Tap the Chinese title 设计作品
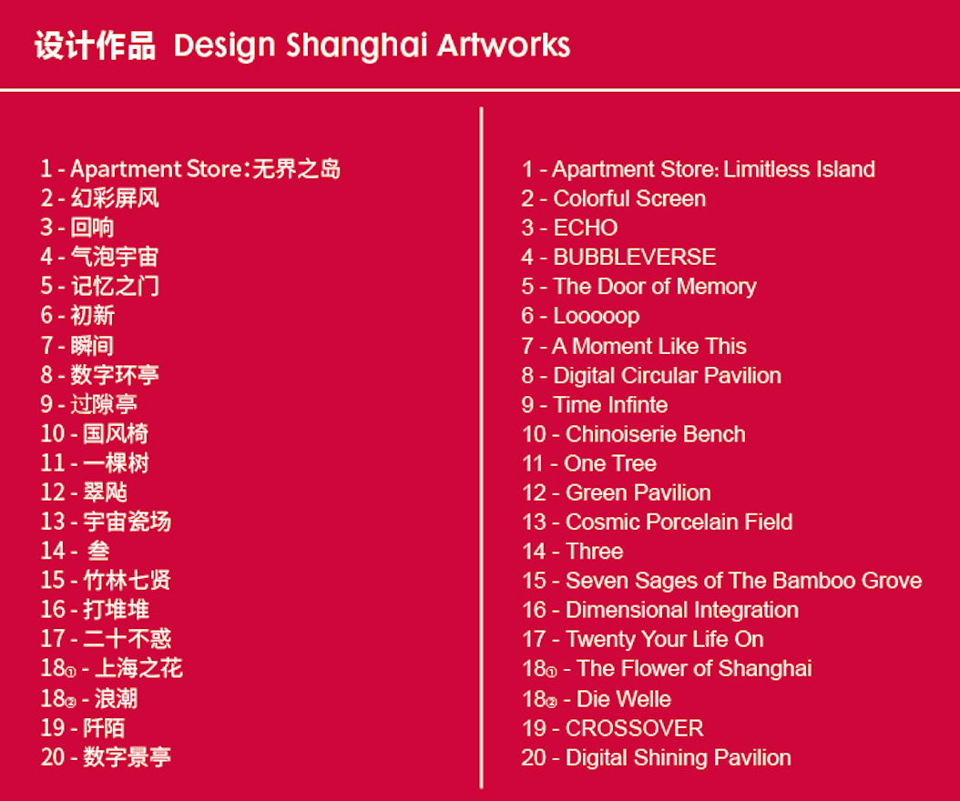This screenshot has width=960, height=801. pos(95,46)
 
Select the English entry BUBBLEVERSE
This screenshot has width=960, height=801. pos(634,257)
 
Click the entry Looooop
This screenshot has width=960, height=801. pos(596,316)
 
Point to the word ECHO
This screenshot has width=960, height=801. pos(585,228)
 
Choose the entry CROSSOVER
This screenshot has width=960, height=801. pos(634,728)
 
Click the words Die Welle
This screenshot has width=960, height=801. pos(624,699)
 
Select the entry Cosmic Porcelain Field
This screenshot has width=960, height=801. pos(679,522)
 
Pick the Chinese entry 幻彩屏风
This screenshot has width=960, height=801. pos(115,198)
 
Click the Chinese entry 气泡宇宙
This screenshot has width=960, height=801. pos(115,257)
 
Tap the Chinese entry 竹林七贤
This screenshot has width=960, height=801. pos(127,581)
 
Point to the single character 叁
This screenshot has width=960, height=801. pos(98,552)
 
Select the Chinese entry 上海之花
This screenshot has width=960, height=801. pos(138,669)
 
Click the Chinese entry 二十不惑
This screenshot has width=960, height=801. pos(127,639)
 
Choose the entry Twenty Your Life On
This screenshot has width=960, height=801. pos(664,639)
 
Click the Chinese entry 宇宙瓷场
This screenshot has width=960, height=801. pos(127,522)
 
